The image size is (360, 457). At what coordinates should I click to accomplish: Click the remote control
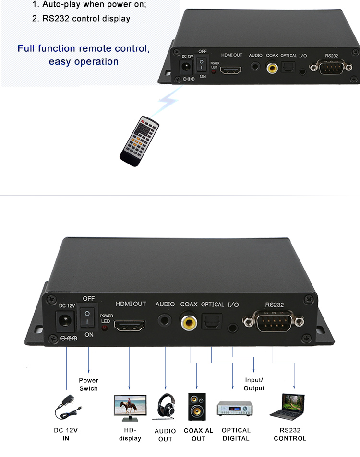pos(139,141)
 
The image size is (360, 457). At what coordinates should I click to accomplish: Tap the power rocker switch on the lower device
pos(88,316)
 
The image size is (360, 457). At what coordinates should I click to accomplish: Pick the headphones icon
pos(165,407)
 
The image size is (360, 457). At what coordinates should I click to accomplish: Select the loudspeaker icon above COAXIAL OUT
pos(197,407)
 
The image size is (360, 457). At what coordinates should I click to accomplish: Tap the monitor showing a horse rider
pos(130,407)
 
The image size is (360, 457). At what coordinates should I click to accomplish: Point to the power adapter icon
pos(66,407)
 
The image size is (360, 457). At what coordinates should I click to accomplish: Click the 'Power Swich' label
pos(88,384)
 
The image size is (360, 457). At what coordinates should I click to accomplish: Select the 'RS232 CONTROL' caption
pos(290,434)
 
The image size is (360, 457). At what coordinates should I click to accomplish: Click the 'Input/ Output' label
pos(254,384)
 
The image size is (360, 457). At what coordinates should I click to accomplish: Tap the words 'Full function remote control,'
pos(84,48)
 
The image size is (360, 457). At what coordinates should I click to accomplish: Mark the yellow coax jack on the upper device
pos(273,68)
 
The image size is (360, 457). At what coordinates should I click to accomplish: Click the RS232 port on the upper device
pos(331,68)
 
